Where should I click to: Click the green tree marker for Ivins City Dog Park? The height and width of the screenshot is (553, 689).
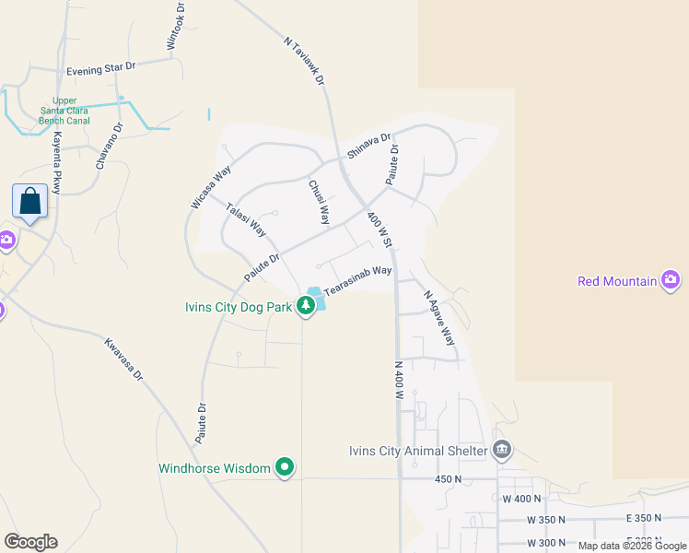pyautogui.click(x=306, y=306)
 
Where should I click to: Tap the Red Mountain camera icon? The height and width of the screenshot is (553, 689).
pyautogui.click(x=671, y=280)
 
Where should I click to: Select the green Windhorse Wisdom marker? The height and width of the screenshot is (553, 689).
pyautogui.click(x=286, y=468)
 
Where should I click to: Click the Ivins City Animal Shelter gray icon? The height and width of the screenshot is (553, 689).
pyautogui.click(x=502, y=451)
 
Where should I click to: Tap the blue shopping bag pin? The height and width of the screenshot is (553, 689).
pyautogui.click(x=30, y=200)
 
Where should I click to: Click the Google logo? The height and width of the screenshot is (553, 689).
pyautogui.click(x=30, y=542)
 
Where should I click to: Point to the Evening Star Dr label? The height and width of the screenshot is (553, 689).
pyautogui.click(x=100, y=69)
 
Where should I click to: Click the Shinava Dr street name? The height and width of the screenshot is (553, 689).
pyautogui.click(x=363, y=145)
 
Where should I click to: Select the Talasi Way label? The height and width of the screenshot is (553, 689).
pyautogui.click(x=246, y=220)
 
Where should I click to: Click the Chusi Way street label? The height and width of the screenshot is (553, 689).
pyautogui.click(x=319, y=202)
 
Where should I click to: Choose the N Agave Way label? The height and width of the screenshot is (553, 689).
pyautogui.click(x=439, y=318)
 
